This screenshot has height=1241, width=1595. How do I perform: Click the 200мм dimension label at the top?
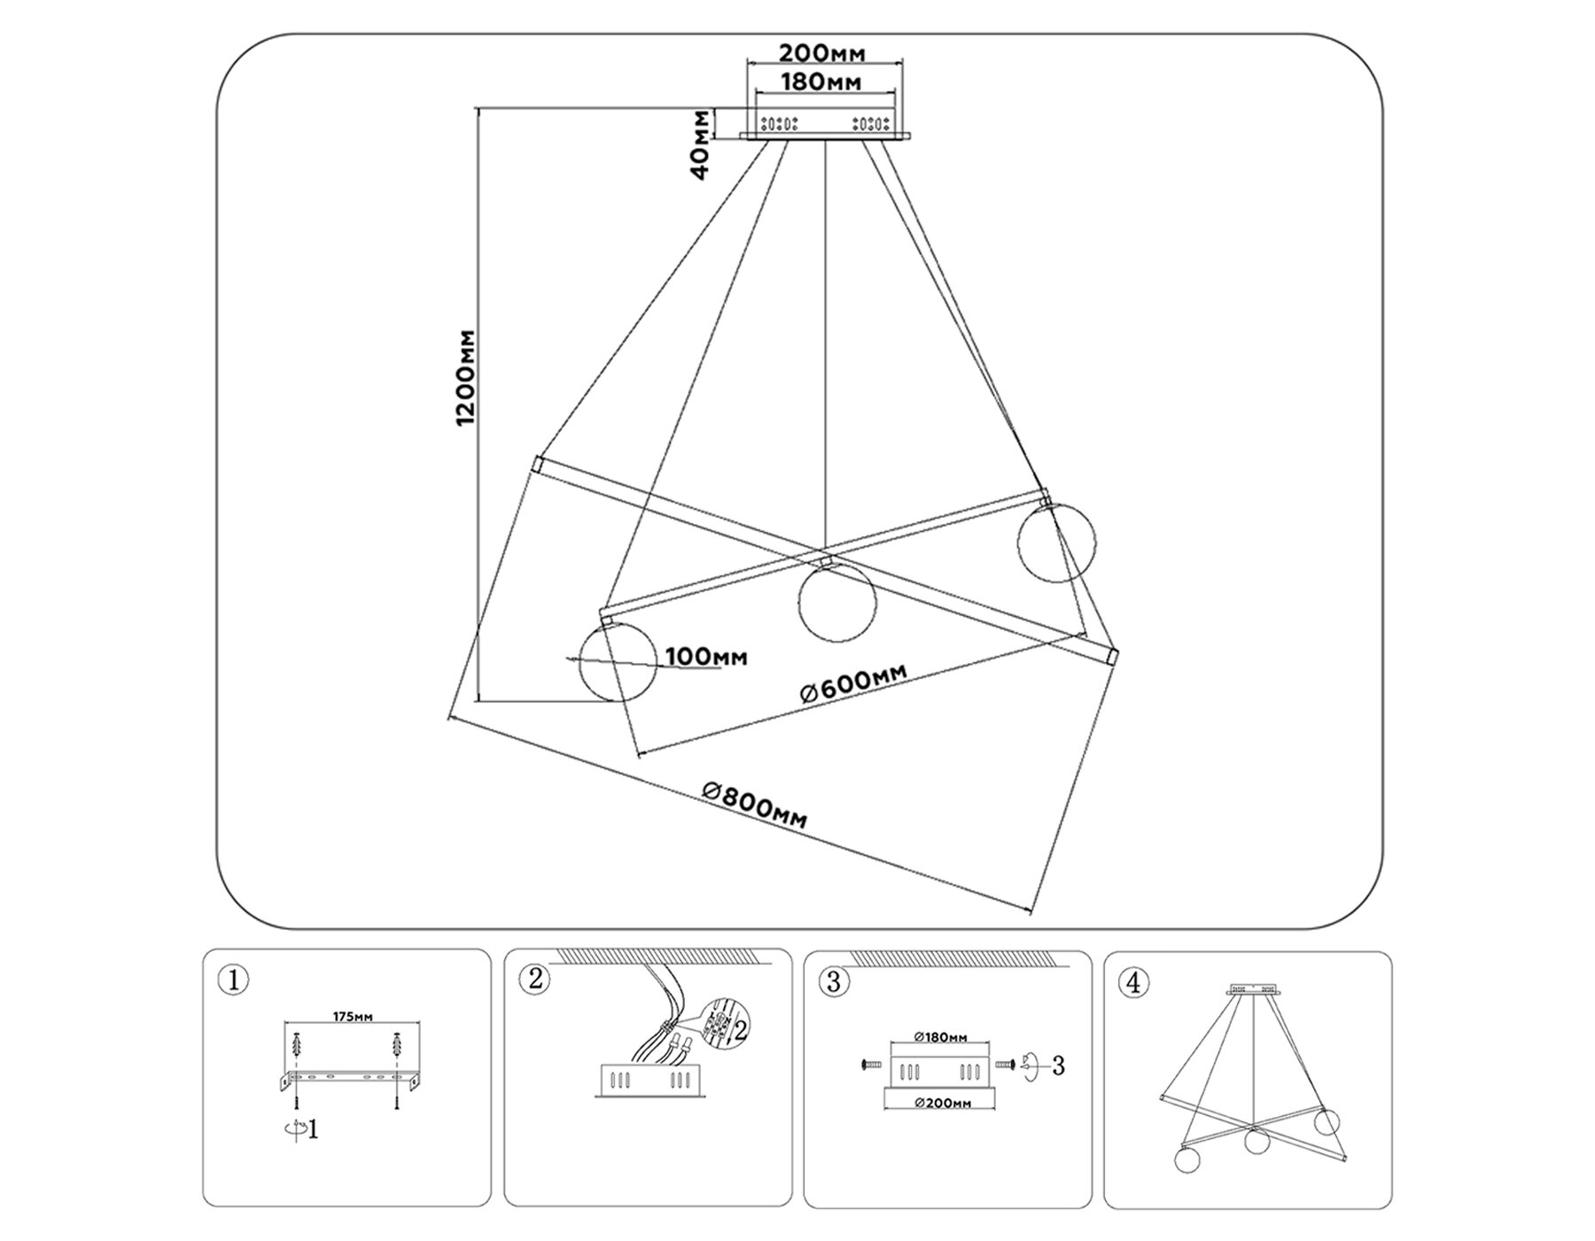click(821, 52)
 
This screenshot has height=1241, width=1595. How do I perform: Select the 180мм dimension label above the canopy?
click(821, 82)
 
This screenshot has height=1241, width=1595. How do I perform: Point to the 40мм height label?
click(701, 145)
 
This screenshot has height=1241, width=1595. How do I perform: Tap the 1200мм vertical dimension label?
click(466, 377)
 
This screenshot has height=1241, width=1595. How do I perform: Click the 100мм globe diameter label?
click(706, 657)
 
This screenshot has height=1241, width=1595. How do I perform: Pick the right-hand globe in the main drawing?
click(1055, 542)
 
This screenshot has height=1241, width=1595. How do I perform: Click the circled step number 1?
click(233, 980)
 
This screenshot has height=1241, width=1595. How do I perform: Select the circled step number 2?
click(534, 980)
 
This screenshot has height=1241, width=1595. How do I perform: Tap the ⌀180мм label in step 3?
click(940, 1037)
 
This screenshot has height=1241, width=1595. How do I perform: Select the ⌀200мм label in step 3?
click(942, 1103)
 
